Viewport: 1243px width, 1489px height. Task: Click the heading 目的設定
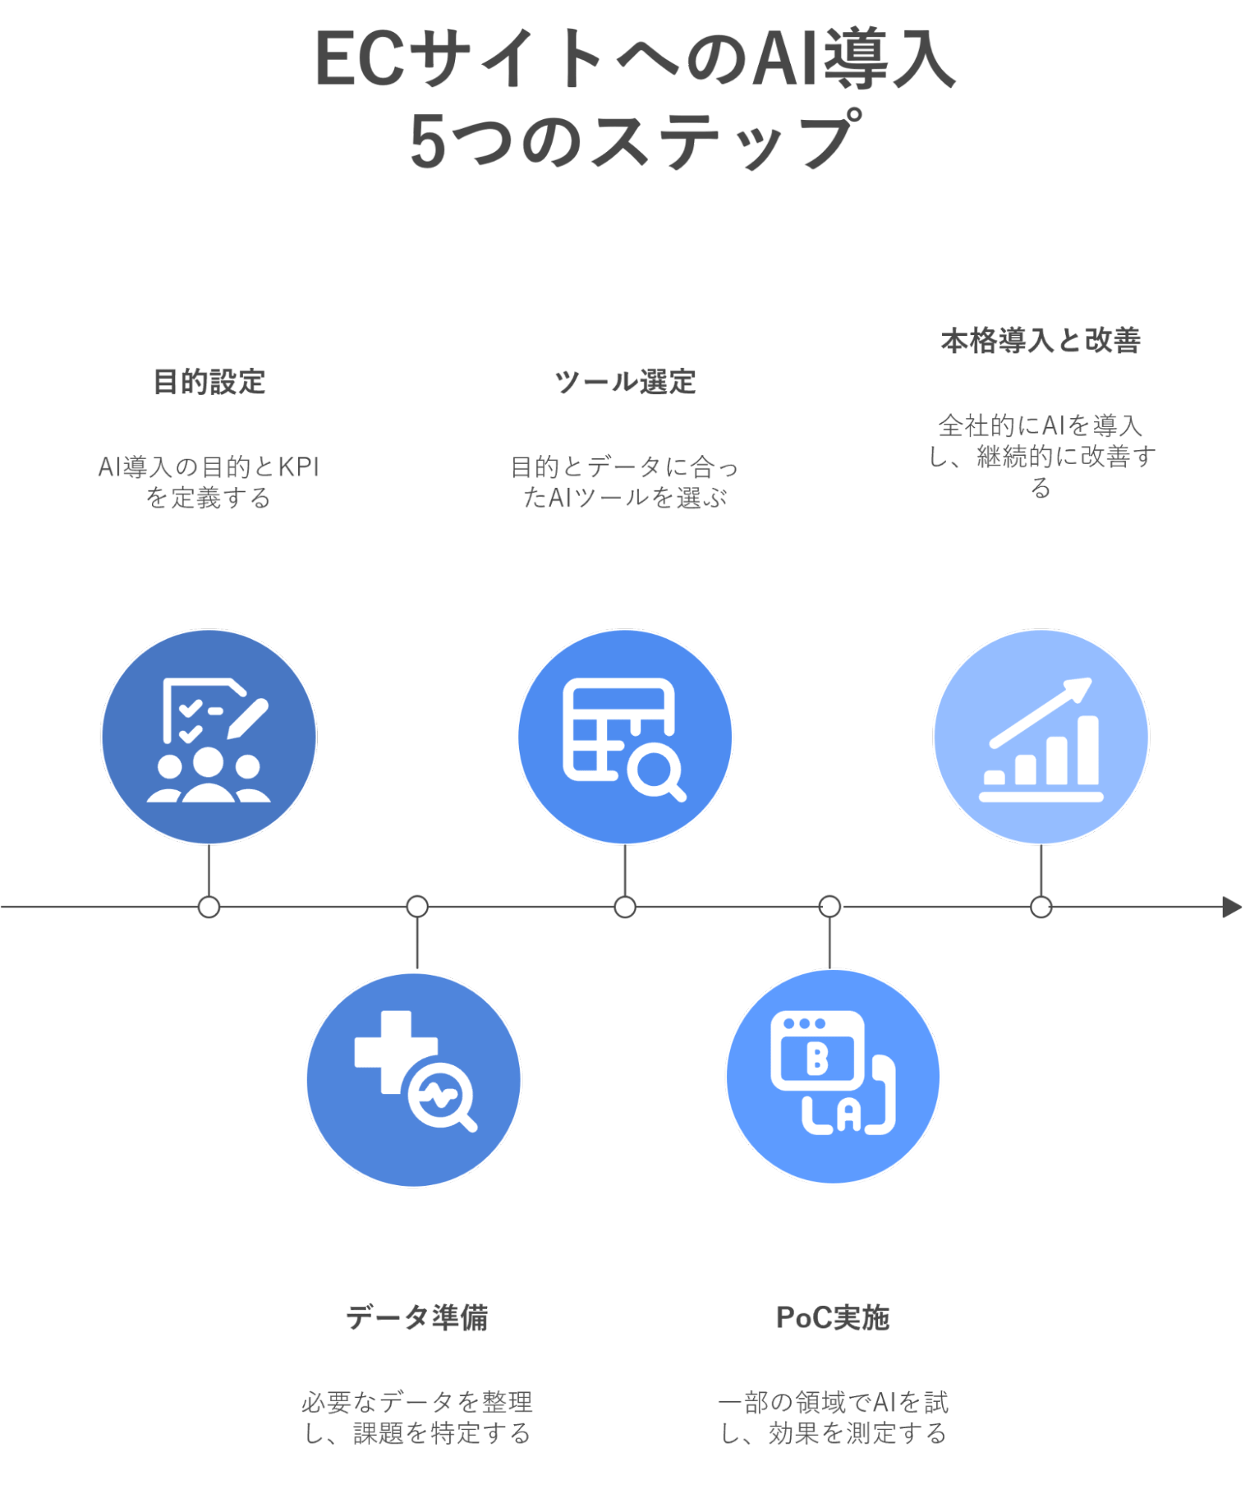pos(209,382)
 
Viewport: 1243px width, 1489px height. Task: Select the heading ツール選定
pos(625,382)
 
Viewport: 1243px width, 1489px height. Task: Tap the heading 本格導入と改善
pos(1040,341)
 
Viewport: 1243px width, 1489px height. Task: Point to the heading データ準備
pos(417,1318)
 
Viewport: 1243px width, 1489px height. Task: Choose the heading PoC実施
pos(833,1318)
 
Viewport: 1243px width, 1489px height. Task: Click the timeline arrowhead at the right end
pos(1231,907)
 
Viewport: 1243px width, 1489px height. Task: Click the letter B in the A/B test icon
pos(817,1058)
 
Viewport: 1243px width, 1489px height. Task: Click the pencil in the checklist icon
pos(247,719)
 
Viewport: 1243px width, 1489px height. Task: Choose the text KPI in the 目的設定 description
pos(299,468)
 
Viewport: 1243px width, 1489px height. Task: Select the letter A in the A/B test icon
pos(848,1117)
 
